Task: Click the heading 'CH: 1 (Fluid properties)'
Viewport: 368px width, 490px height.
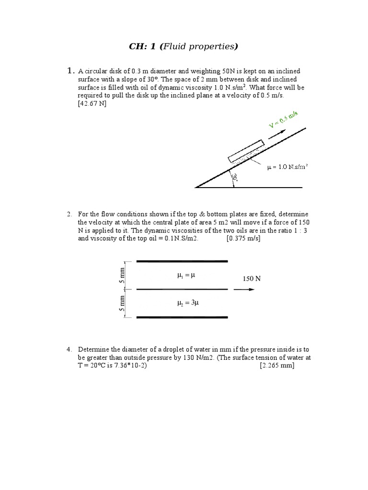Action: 184,46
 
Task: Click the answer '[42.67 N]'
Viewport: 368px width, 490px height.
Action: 92,104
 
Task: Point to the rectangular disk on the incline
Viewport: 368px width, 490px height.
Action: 246,151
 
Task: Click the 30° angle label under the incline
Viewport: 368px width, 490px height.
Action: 235,178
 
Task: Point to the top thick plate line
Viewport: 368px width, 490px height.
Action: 182,261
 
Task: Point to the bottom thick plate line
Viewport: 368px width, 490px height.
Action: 182,317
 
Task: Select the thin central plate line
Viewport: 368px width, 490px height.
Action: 182,289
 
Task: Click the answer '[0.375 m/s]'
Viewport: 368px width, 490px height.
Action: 243,238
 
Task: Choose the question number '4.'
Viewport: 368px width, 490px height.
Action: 70,350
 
